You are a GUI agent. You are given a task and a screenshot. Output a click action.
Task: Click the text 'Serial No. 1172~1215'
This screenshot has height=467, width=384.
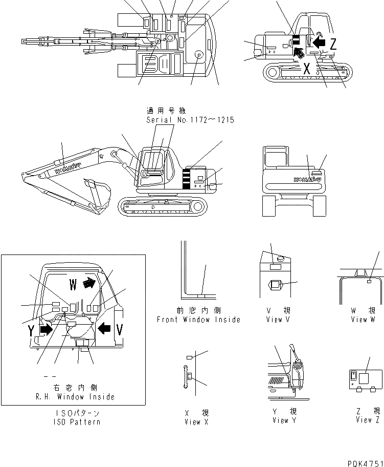[x=190, y=120]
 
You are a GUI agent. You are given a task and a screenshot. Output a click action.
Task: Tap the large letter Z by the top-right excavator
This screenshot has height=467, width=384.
[x=333, y=44]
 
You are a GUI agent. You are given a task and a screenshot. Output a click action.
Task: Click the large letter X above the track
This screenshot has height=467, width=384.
[x=306, y=69]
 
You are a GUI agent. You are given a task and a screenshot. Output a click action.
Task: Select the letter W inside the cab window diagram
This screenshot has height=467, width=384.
[x=73, y=283]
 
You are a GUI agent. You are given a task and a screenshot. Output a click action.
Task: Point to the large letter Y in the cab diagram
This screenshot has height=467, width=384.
[x=32, y=331]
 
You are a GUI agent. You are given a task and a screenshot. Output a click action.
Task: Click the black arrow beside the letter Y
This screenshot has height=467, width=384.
[x=46, y=330]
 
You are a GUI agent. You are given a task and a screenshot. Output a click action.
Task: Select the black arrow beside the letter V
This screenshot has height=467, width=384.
[x=104, y=328]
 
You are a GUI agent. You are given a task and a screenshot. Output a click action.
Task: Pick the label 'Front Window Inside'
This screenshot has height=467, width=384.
[x=198, y=320]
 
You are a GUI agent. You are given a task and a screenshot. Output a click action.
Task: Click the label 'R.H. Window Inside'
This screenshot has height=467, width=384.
[x=75, y=396]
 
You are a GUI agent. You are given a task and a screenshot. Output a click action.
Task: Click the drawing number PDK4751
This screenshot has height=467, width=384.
[x=364, y=463]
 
